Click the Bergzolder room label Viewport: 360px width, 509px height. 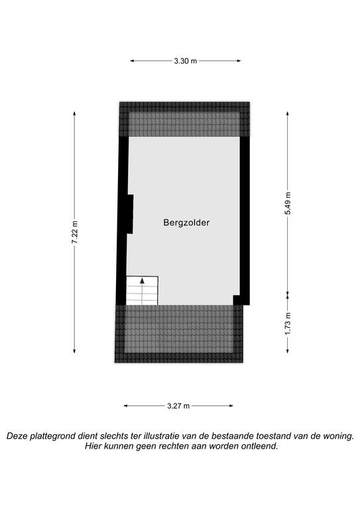pyautogui.click(x=186, y=223)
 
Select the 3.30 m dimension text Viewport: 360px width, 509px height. pyautogui.click(x=186, y=61)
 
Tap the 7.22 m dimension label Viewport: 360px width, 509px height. pyautogui.click(x=75, y=232)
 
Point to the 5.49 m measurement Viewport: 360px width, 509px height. pyautogui.click(x=288, y=203)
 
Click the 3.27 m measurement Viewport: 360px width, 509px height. pyautogui.click(x=178, y=406)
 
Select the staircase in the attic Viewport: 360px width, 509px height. pyautogui.click(x=142, y=290)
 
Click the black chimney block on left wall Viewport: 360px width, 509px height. pyautogui.click(x=129, y=214)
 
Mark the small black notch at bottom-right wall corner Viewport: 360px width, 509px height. pyautogui.click(x=236, y=300)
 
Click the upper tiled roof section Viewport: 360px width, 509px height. pyautogui.click(x=184, y=119)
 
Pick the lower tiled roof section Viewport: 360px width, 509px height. pyautogui.click(x=179, y=334)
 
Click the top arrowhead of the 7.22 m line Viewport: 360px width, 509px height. pyautogui.click(x=75, y=113)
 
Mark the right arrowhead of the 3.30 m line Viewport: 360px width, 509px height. pyautogui.click(x=239, y=61)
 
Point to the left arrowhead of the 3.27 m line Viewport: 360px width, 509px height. pyautogui.click(x=126, y=406)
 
